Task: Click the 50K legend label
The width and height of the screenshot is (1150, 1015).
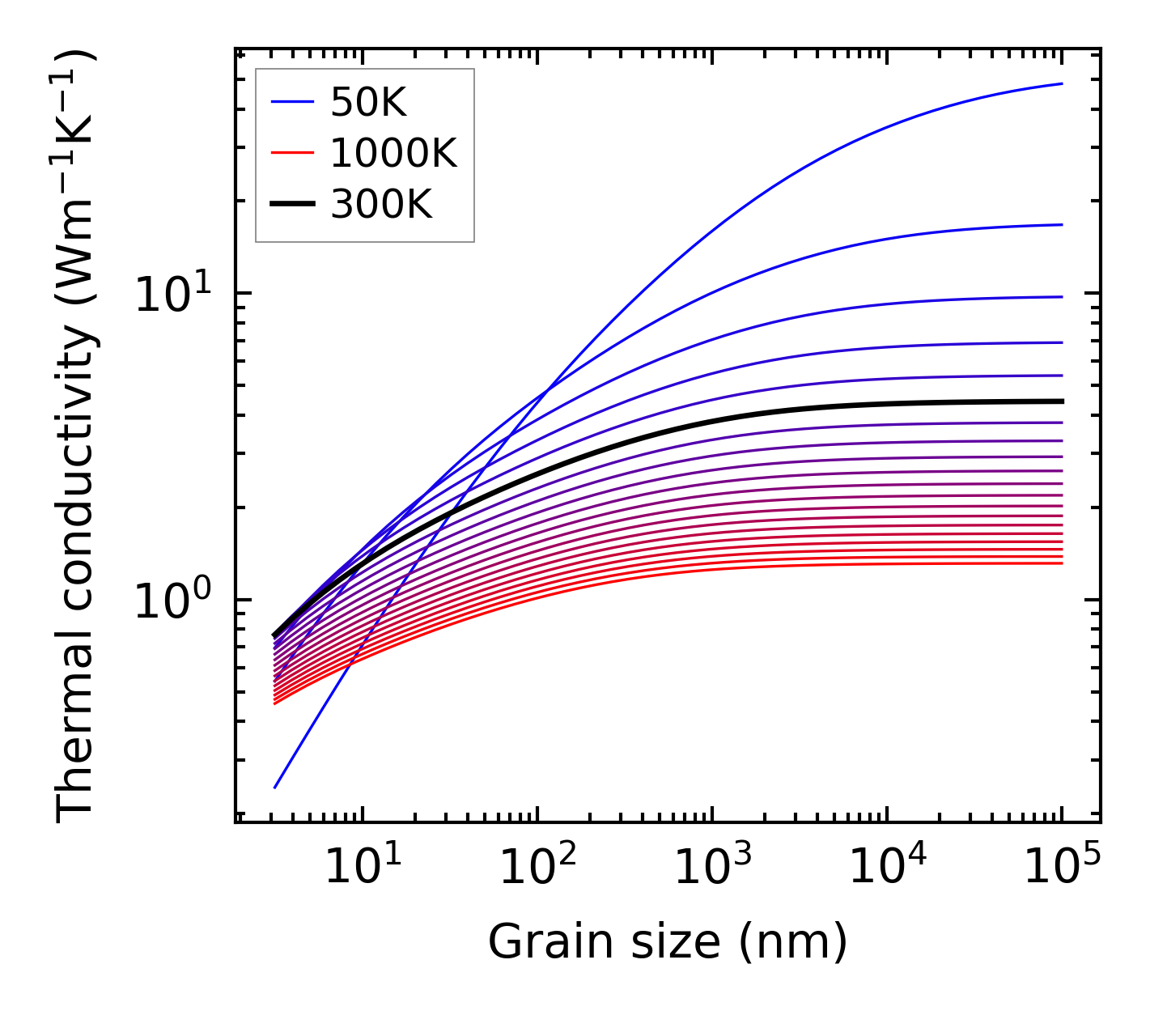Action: [x=368, y=102]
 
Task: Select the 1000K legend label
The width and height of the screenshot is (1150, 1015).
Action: [x=393, y=153]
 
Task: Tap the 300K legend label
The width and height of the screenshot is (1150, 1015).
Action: [x=381, y=205]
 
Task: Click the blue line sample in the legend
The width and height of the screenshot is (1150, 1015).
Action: [x=291, y=102]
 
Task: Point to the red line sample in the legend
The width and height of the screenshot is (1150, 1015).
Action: [x=291, y=153]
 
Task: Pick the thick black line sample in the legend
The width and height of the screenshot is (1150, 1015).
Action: [x=291, y=205]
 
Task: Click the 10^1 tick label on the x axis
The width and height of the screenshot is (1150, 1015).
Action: [x=363, y=868]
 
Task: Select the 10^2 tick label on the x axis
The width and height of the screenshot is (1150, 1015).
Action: [x=537, y=868]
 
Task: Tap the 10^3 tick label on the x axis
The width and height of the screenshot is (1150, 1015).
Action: [x=712, y=868]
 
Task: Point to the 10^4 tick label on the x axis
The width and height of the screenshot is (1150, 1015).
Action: [x=887, y=868]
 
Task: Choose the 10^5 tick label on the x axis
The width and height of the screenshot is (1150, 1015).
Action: [x=1062, y=868]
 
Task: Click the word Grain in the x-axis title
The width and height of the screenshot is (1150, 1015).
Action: [x=535, y=942]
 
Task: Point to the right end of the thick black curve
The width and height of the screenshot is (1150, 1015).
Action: [x=1062, y=401]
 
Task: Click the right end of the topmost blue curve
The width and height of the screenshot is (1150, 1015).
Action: [x=1062, y=83]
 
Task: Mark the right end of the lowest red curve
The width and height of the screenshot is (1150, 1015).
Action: [x=1062, y=563]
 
